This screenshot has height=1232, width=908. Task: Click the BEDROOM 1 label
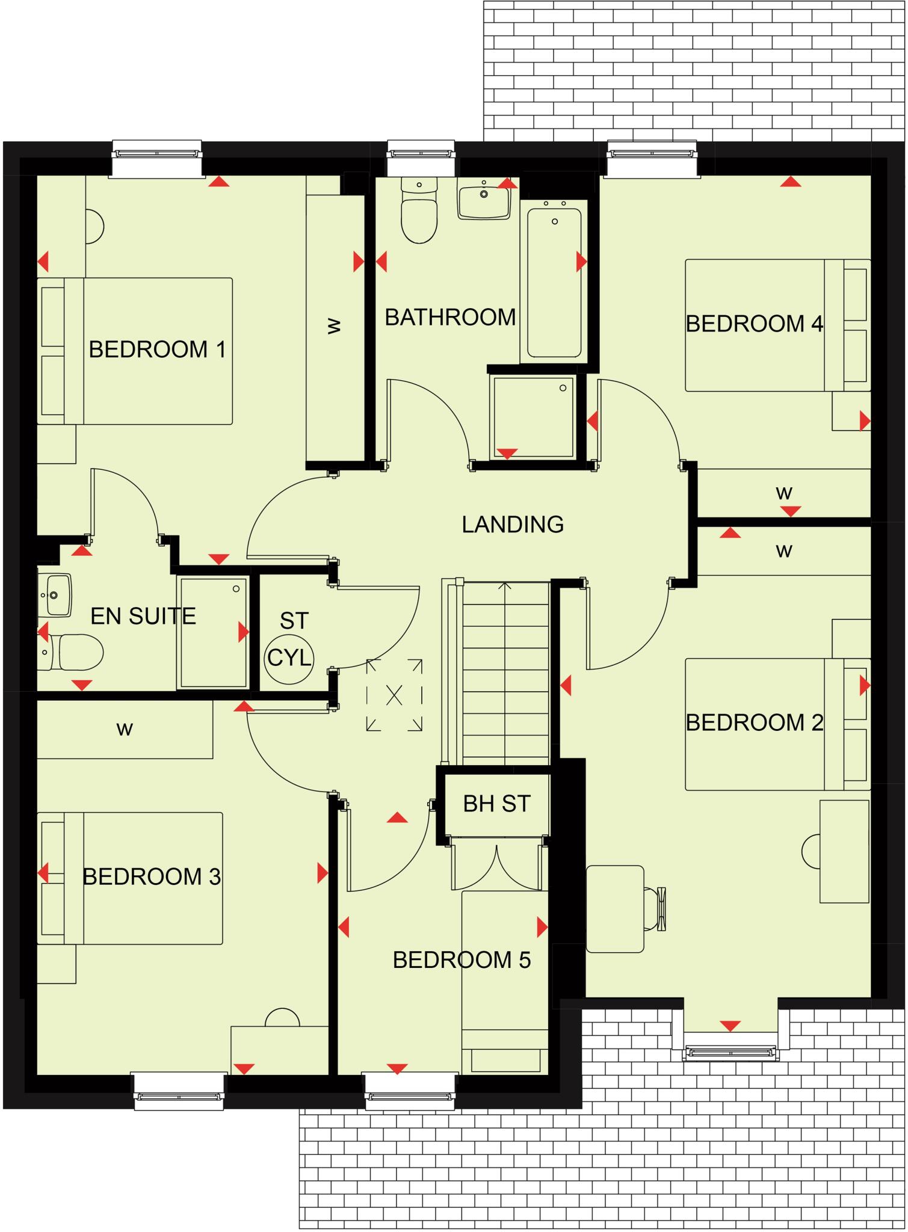click(157, 350)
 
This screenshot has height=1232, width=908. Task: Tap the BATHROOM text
click(450, 317)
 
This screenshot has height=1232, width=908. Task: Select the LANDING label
click(513, 525)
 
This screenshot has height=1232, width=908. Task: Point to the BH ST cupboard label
click(496, 804)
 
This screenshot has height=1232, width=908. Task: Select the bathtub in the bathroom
click(554, 283)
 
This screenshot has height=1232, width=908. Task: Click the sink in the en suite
click(55, 596)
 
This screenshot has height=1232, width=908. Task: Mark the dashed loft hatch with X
click(394, 695)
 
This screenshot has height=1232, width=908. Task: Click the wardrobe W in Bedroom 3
click(125, 729)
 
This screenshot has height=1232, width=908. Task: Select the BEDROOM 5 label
click(462, 960)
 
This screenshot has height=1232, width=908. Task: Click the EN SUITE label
click(143, 617)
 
